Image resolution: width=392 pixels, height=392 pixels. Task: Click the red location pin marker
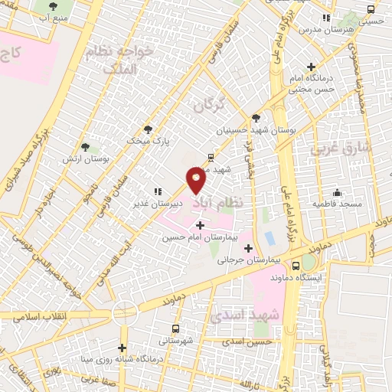pyautogui.click(x=196, y=180)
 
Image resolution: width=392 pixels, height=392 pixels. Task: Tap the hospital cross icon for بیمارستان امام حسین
pyautogui.click(x=201, y=225)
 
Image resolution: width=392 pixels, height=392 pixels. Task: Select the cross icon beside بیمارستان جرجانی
pyautogui.click(x=247, y=247)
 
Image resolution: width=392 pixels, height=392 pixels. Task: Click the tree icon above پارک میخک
pyautogui.click(x=148, y=129)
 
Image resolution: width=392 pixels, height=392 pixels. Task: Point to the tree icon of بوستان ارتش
pyautogui.click(x=84, y=146)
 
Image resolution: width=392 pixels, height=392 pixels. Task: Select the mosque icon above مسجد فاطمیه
pyautogui.click(x=336, y=193)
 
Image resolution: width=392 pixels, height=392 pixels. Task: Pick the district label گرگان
pyautogui.click(x=210, y=103)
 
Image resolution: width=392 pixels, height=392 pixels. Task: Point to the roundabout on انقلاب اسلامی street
pyautogui.click(x=125, y=312)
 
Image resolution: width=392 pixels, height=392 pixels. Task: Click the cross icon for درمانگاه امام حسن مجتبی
pyautogui.click(x=310, y=67)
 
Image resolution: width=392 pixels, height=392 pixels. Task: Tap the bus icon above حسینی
pyautogui.click(x=371, y=10)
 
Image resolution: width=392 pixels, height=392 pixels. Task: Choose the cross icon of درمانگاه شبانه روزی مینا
pyautogui.click(x=121, y=348)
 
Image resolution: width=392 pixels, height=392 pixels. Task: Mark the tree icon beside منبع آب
pyautogui.click(x=53, y=6)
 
